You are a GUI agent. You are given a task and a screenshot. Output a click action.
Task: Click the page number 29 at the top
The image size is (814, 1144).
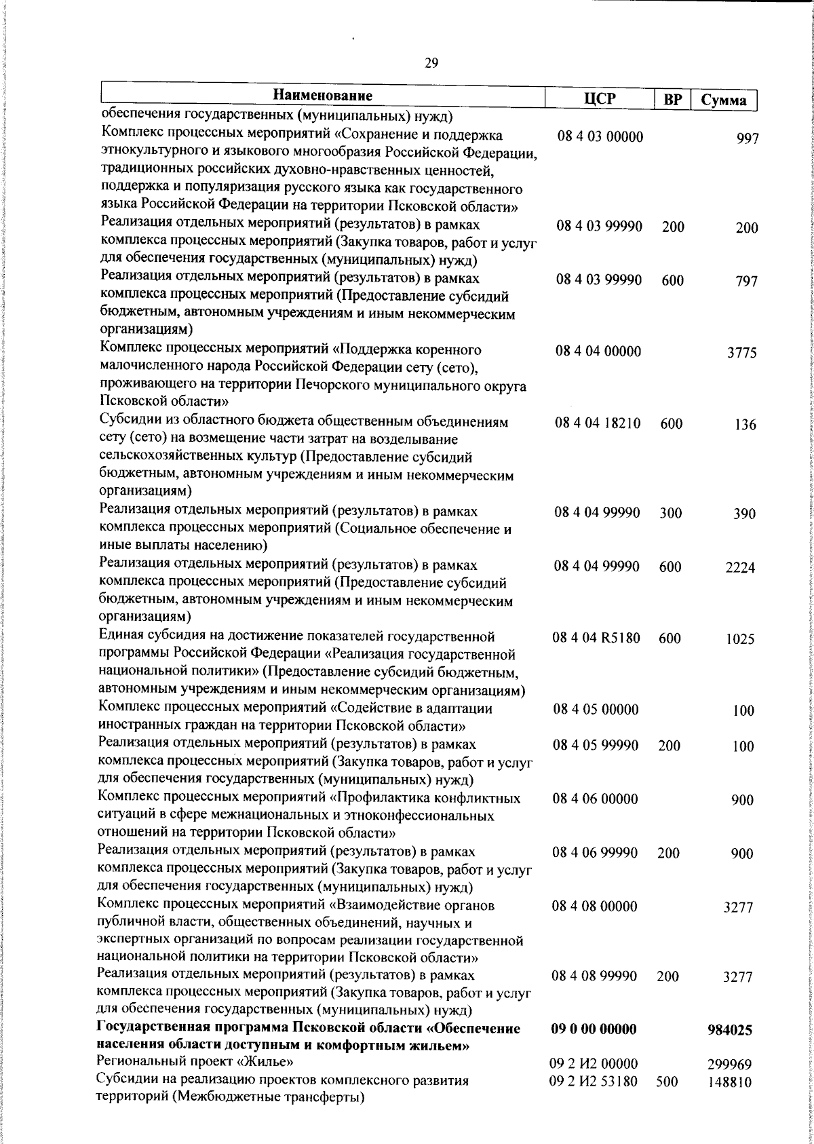[431, 63]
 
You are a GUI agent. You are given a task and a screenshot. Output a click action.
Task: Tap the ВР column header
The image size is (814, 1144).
[672, 100]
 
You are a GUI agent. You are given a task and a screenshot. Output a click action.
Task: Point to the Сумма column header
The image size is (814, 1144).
[723, 100]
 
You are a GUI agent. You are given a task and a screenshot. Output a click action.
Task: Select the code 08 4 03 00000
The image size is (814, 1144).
[600, 136]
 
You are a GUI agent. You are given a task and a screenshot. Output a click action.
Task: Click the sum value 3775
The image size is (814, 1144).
[742, 353]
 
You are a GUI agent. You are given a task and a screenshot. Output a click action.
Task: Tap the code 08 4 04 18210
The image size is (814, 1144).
[598, 423]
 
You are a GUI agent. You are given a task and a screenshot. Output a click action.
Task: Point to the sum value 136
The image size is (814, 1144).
[745, 425]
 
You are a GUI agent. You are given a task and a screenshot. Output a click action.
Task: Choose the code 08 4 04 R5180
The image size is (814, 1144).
[597, 638]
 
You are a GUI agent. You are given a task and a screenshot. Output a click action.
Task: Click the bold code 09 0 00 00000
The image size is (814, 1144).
[594, 1048]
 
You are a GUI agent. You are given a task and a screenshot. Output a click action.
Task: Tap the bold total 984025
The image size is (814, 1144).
[730, 1049]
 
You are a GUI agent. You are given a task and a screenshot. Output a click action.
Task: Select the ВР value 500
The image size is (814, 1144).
[667, 1101]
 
